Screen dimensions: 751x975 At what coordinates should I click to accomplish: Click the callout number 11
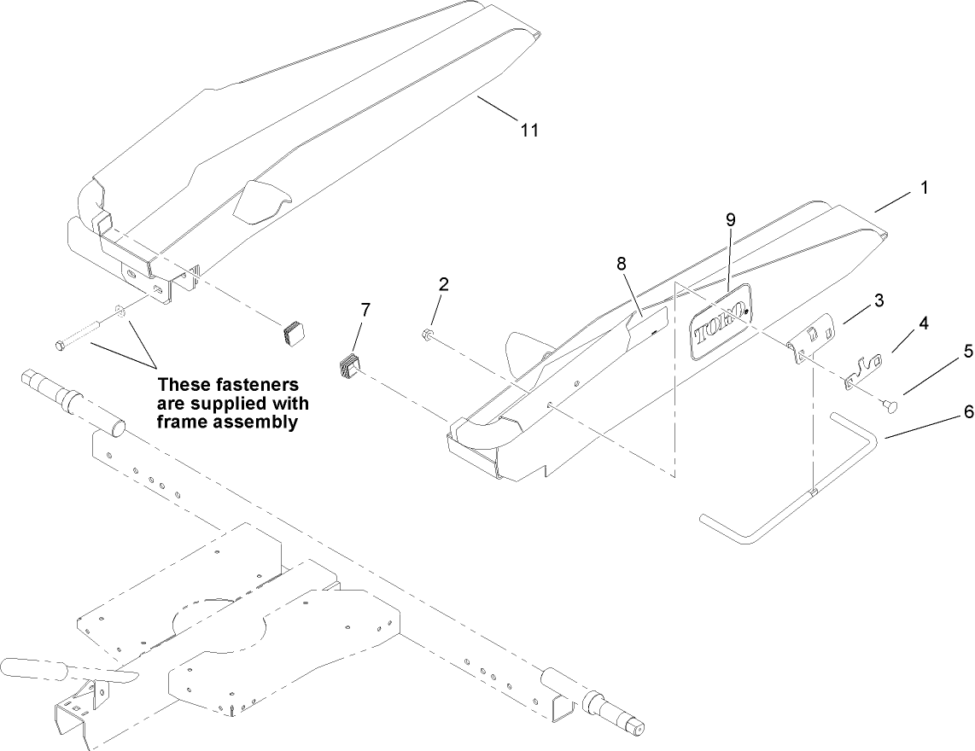[x=529, y=130]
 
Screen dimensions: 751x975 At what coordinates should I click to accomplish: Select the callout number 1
[x=924, y=186]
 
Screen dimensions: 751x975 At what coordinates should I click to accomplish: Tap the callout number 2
[x=443, y=283]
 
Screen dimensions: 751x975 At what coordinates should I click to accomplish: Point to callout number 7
[x=365, y=310]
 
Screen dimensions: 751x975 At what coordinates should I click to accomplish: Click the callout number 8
[x=622, y=264]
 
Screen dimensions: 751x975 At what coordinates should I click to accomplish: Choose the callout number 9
[x=730, y=219]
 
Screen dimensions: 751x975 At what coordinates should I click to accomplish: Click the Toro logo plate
[x=719, y=323]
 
